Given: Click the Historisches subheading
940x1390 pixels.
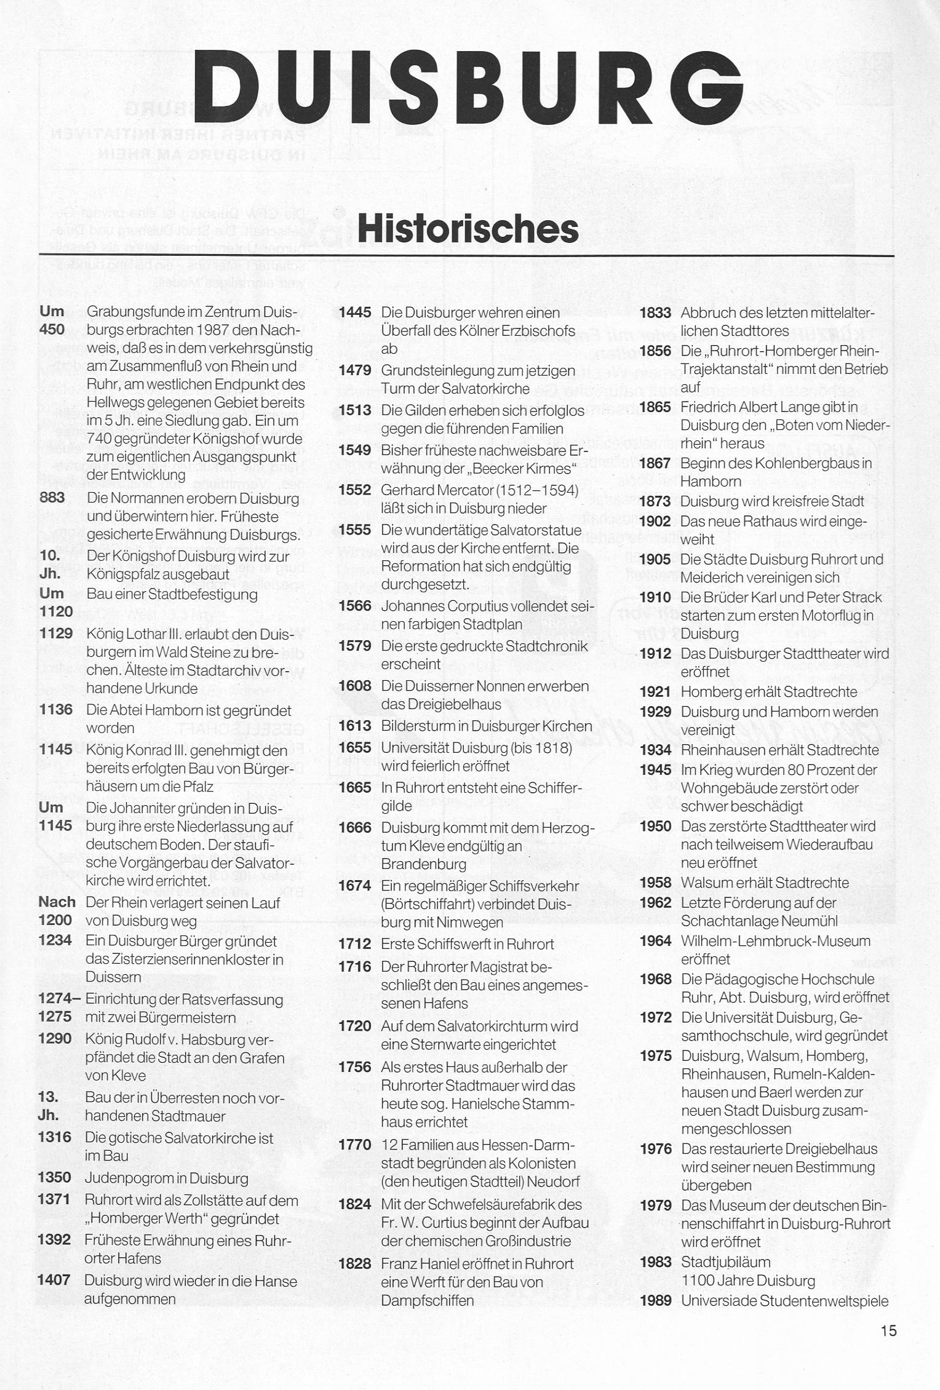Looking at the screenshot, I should (468, 228).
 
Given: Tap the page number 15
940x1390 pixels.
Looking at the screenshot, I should (888, 1332).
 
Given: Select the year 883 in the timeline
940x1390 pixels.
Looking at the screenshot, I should (52, 498).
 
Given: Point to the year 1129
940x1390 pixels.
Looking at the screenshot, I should (55, 633).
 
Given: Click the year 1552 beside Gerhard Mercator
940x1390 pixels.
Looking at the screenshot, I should (355, 490).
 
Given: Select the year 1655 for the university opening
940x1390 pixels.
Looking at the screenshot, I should (355, 748).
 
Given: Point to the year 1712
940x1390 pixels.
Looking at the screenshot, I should (355, 944).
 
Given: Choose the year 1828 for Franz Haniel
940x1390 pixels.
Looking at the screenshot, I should (355, 1264).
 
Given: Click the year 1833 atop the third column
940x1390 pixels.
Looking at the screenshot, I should (655, 313).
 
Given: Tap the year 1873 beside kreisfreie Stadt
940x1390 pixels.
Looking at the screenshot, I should (655, 501).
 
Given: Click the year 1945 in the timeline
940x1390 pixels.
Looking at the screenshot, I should (655, 770).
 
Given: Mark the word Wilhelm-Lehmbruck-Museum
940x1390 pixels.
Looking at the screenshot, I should (776, 941).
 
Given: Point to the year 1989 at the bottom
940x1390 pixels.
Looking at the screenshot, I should (655, 1301).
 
